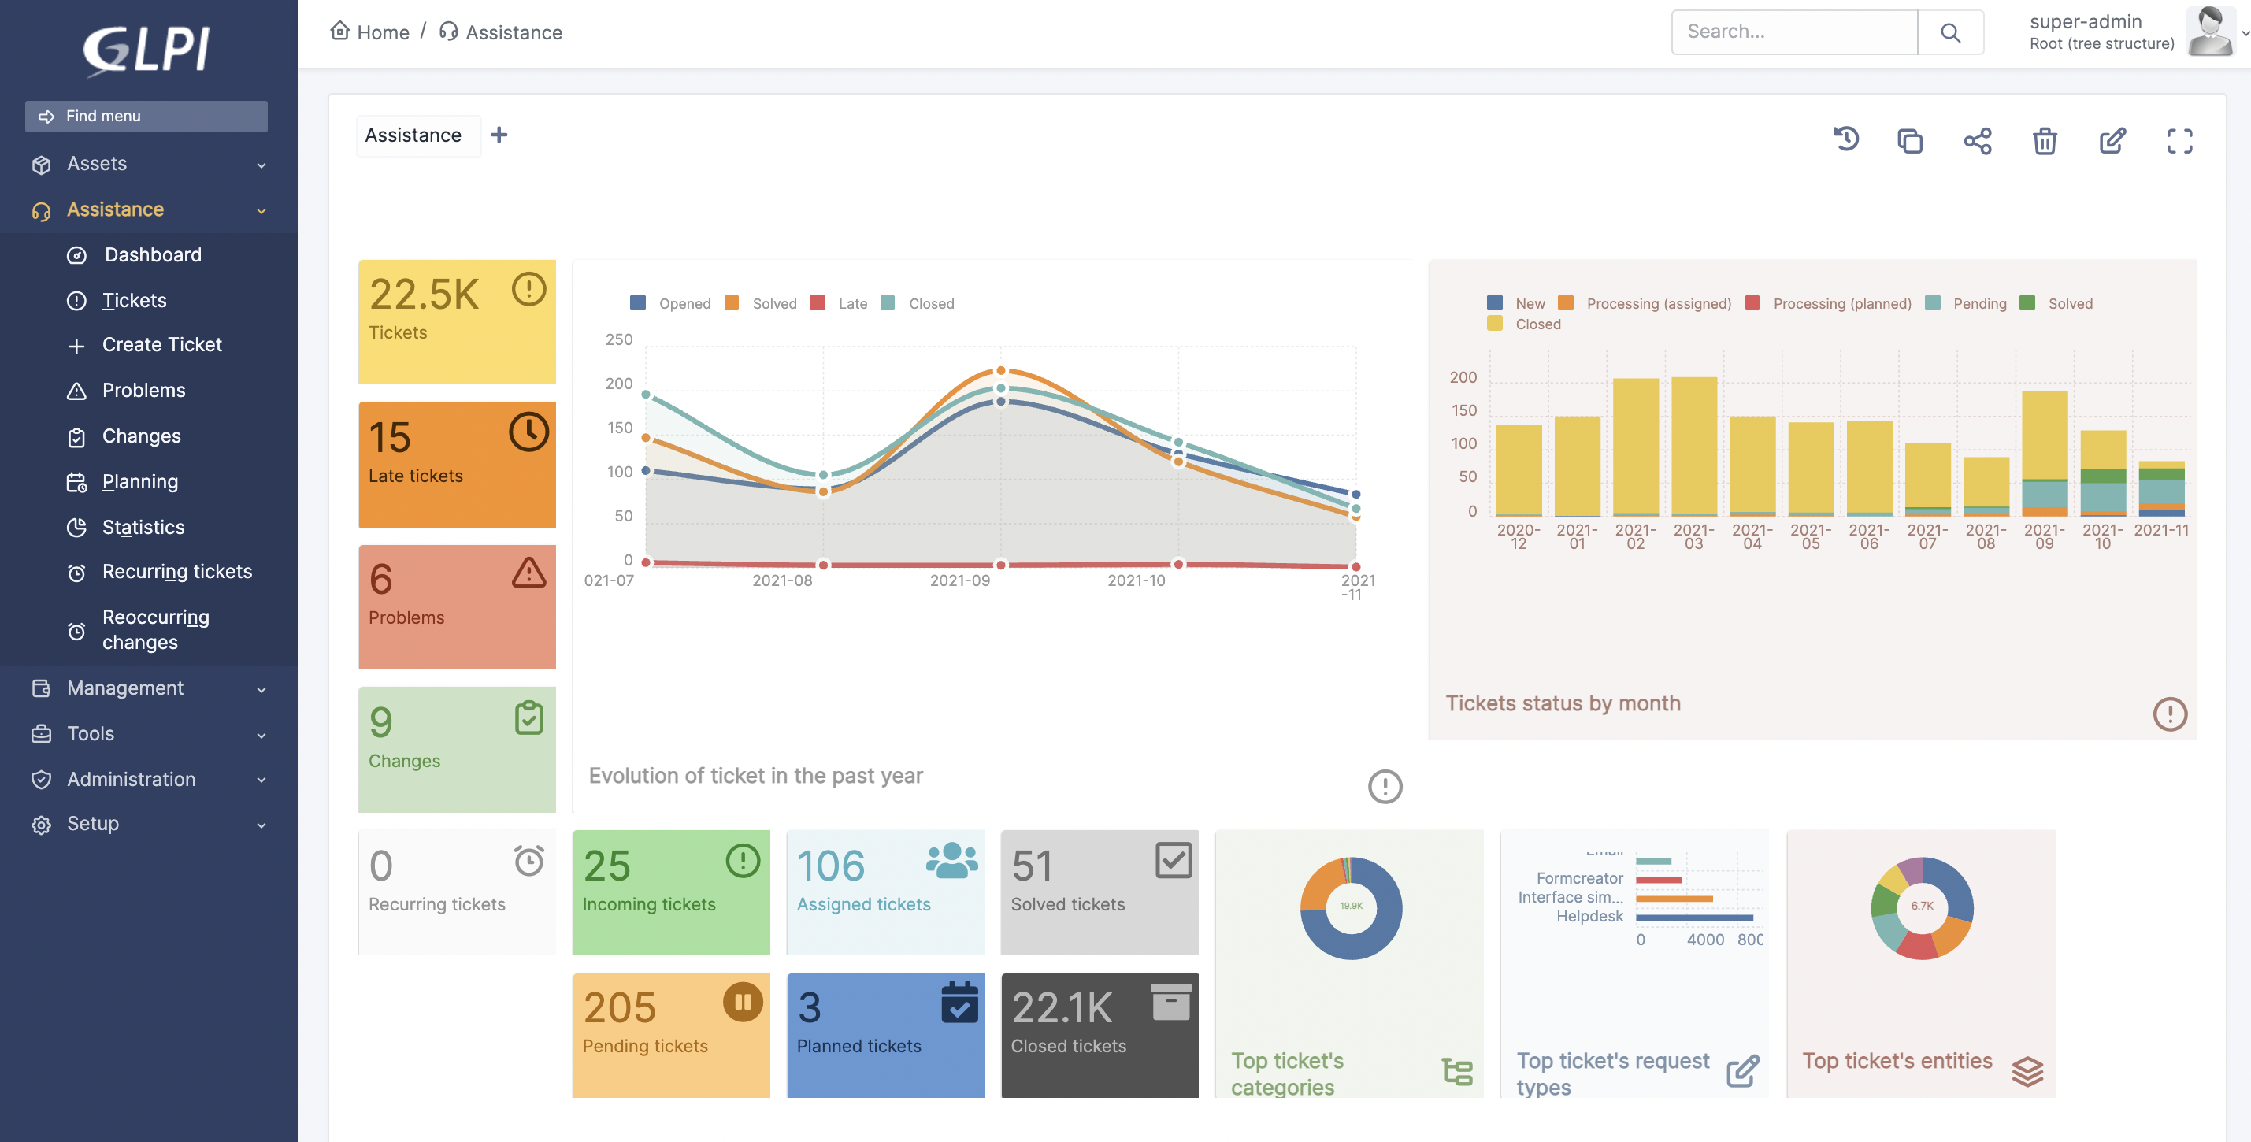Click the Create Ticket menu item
(161, 345)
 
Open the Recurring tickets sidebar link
(176, 573)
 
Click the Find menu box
(146, 117)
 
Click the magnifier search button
(1949, 32)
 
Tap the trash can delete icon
(2044, 141)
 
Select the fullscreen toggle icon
(2179, 141)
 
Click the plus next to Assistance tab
(499, 135)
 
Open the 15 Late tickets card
(456, 464)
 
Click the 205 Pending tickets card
(670, 1035)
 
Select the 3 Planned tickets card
(884, 1035)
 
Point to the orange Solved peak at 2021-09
(1000, 370)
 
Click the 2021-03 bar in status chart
(1693, 447)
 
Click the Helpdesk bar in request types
(1693, 918)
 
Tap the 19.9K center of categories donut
(1351, 906)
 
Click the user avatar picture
(2209, 32)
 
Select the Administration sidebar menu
(131, 780)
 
